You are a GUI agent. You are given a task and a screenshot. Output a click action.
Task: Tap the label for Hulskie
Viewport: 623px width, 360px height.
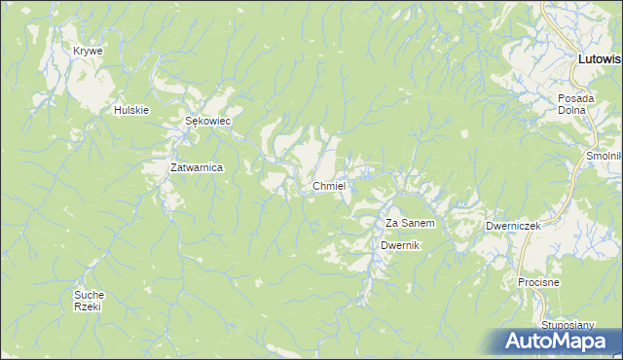(130, 110)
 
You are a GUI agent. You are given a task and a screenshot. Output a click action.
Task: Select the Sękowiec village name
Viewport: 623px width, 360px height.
(206, 122)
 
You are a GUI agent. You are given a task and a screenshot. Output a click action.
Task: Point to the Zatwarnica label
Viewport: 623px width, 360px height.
(197, 167)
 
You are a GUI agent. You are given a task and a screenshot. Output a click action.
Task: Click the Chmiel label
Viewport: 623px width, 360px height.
(330, 186)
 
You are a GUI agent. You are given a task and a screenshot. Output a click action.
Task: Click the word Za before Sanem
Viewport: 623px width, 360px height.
(392, 223)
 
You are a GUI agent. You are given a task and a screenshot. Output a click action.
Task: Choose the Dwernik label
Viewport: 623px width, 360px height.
(400, 245)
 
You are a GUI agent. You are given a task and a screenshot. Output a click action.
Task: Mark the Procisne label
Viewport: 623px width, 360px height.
(538, 282)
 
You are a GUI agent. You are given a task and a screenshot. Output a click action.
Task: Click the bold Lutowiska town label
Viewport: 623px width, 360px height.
(600, 59)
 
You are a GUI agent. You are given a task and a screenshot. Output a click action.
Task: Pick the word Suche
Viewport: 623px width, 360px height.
(89, 294)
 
